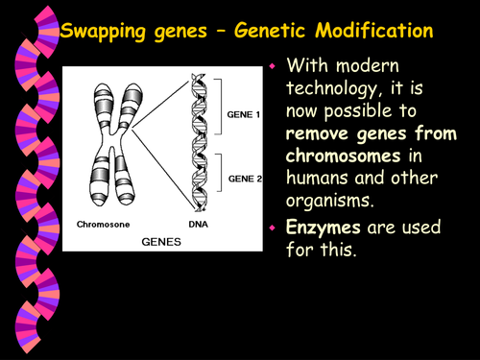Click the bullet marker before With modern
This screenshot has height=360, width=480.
pyautogui.click(x=273, y=69)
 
